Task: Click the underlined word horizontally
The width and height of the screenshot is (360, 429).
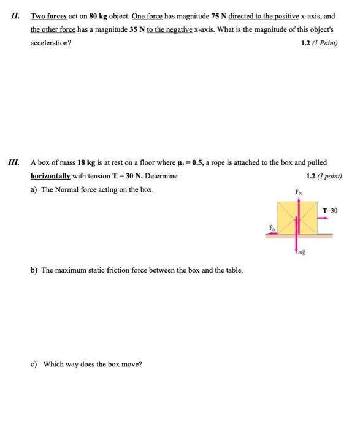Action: pos(50,176)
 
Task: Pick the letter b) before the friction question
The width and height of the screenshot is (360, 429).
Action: pos(34,270)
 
